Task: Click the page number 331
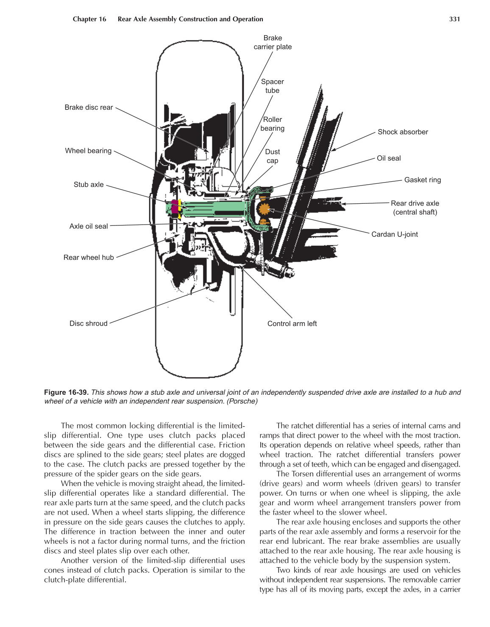(x=454, y=19)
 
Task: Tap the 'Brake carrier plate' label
(x=273, y=42)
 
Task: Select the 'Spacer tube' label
(x=273, y=86)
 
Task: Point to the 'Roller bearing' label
(x=273, y=124)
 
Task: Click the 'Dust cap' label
(x=273, y=156)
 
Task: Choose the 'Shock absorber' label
(x=403, y=132)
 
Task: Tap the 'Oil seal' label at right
(x=389, y=158)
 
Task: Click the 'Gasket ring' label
(x=422, y=180)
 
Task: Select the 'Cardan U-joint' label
(x=394, y=234)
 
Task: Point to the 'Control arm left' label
(x=292, y=323)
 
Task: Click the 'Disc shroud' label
(x=89, y=323)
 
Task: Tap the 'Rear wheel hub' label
(x=89, y=258)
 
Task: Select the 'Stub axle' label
(x=89, y=185)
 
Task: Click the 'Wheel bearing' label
(x=88, y=151)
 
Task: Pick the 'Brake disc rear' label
(x=89, y=107)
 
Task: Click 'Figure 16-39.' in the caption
(x=66, y=392)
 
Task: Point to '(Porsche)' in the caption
(x=242, y=401)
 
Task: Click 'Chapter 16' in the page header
(x=89, y=19)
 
